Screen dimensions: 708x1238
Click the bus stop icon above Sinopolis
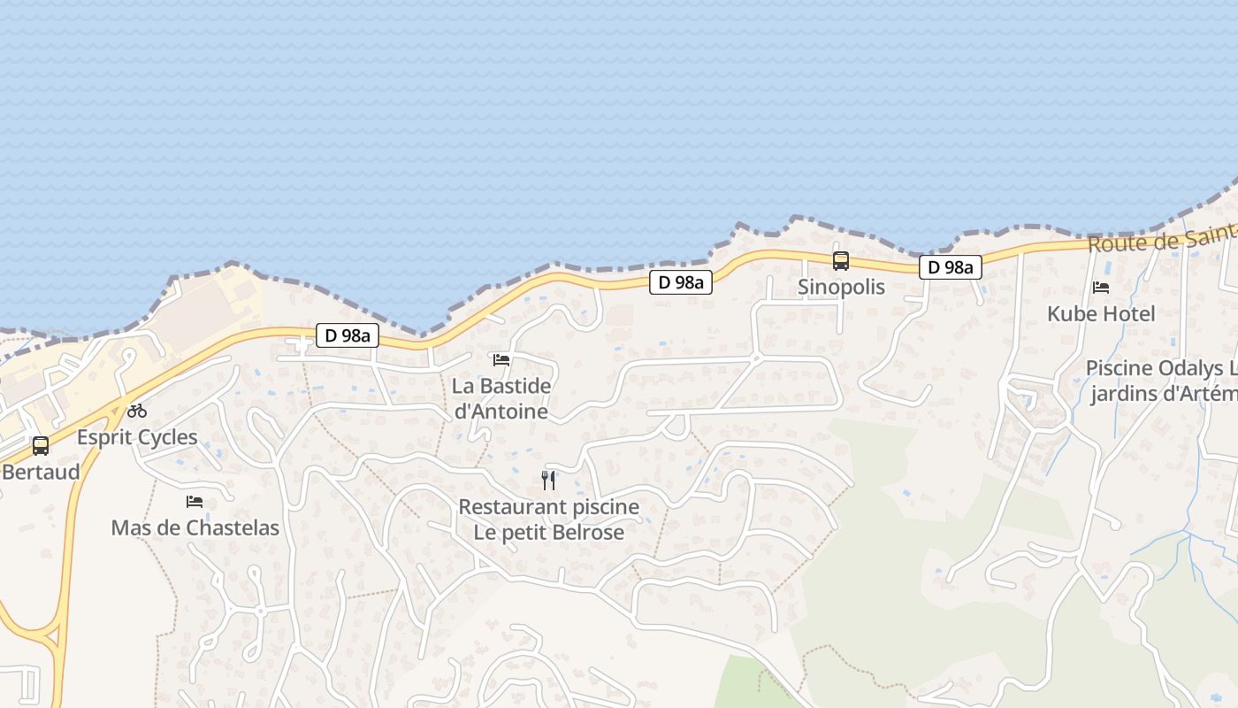pos(840,261)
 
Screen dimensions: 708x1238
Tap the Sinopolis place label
pos(841,288)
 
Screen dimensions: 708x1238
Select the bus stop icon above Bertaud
pos(41,445)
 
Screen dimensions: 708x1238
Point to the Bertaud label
pos(41,472)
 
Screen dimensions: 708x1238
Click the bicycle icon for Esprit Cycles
pos(137,411)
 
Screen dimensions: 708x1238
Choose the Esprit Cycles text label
pos(137,437)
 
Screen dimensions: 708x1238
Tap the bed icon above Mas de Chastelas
pos(195,502)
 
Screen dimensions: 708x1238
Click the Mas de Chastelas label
pos(195,528)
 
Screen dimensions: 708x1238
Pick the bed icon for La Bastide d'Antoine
pos(501,359)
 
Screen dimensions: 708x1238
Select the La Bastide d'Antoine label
pos(501,398)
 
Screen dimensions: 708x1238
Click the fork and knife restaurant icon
pos(548,481)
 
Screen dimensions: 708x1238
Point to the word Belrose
pos(578,532)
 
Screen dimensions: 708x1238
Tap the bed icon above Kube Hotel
pos(1101,287)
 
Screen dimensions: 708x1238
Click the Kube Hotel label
pos(1101,313)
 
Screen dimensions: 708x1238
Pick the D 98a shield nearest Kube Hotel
pos(951,267)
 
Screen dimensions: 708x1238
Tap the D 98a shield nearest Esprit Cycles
pos(348,335)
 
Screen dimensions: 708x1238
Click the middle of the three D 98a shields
pos(681,282)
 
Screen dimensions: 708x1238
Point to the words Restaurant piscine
pos(548,507)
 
